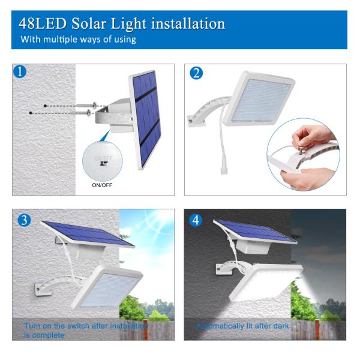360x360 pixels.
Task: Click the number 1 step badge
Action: pos(21,73)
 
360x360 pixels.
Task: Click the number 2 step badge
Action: pos(196,73)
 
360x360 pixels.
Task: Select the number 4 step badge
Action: pos(196,220)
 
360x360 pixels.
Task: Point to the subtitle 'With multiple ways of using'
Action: pos(78,40)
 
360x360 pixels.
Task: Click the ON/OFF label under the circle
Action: pos(103,185)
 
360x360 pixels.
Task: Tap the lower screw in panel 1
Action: pos(85,112)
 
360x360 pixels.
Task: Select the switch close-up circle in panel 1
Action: pos(103,161)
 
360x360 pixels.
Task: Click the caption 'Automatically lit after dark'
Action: pos(243,326)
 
